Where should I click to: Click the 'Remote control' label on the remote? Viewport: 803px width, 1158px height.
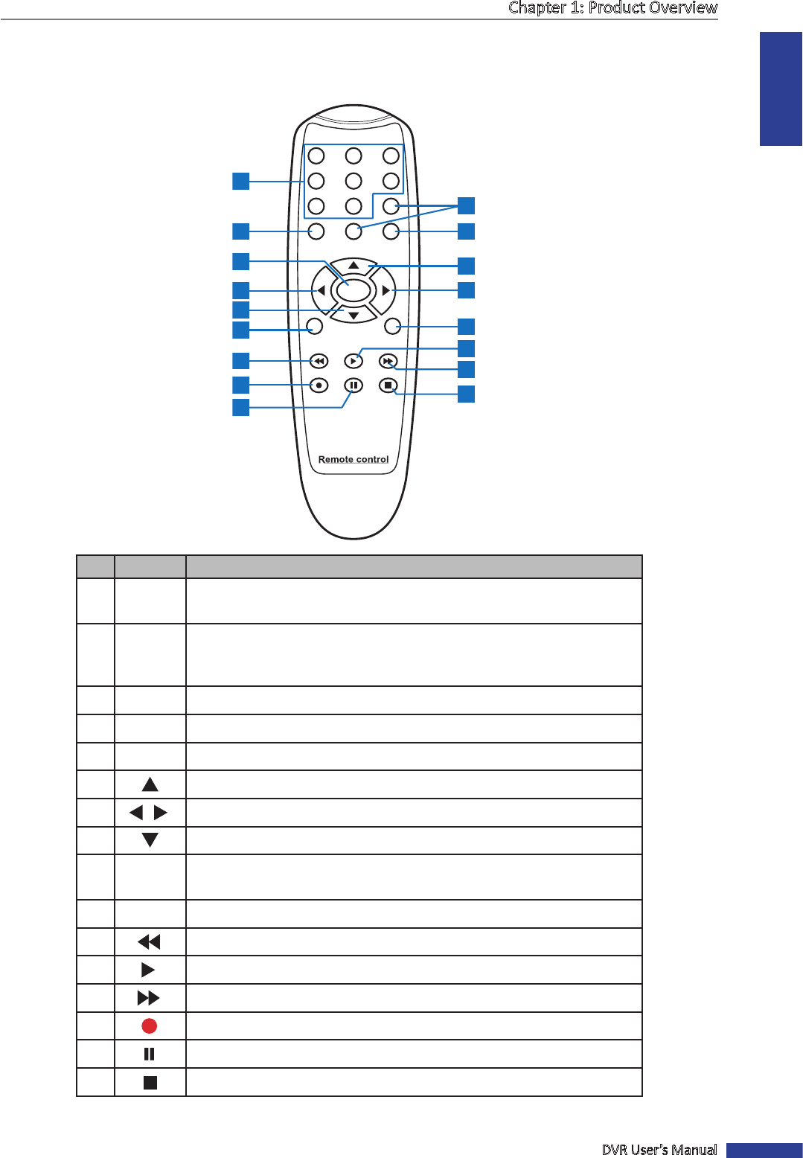[353, 459]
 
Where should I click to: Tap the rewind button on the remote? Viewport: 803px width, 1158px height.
[319, 362]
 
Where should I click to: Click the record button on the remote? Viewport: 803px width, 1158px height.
[319, 386]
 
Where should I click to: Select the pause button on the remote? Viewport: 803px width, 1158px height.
[353, 386]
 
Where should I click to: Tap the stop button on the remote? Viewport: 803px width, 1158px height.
[388, 386]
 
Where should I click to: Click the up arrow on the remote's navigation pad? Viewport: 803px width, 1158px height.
[353, 266]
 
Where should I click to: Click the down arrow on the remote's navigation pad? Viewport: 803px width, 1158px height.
[353, 316]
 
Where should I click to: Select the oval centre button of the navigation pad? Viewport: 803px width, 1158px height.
[353, 290]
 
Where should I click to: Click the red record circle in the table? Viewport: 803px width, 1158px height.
[150, 1026]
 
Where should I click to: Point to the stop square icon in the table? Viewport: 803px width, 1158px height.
[150, 1083]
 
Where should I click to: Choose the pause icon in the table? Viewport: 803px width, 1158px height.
[150, 1054]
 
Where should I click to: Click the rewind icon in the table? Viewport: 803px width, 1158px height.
[149, 942]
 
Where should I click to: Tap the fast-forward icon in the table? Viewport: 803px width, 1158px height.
[149, 998]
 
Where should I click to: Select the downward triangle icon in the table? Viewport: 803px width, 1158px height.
[150, 840]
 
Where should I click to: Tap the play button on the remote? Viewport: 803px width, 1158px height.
[353, 362]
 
